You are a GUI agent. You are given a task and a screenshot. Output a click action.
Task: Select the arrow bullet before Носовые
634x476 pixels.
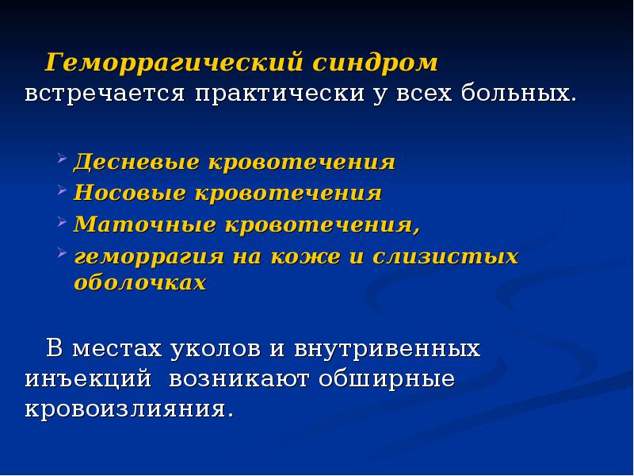(x=63, y=190)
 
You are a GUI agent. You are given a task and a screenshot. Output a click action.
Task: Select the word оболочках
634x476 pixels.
(x=139, y=282)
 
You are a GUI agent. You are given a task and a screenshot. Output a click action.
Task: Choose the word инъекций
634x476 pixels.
(x=88, y=378)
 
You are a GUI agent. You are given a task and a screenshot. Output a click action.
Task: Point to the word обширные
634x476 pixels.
(x=388, y=378)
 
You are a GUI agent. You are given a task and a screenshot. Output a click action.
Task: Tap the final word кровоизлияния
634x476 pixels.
(x=129, y=410)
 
